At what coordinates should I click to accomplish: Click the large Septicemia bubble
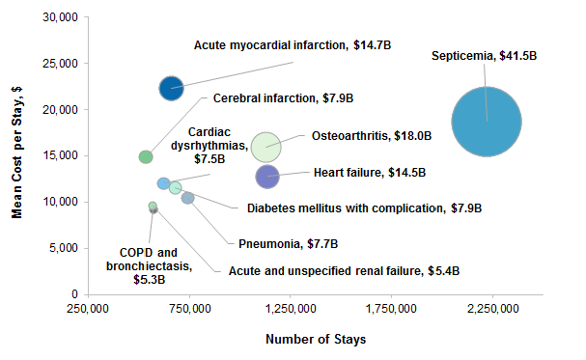(487, 121)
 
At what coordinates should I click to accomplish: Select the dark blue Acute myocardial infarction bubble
(171, 88)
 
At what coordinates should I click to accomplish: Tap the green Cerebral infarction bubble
(146, 156)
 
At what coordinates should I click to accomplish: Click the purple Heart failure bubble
(267, 176)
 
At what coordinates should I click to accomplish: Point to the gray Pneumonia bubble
(188, 198)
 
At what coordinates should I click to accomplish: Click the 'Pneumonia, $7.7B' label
(288, 244)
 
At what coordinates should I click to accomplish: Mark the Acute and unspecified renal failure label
(337, 271)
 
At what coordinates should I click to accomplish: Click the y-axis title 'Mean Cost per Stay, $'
(17, 154)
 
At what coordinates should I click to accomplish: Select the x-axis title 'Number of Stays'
(315, 340)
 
